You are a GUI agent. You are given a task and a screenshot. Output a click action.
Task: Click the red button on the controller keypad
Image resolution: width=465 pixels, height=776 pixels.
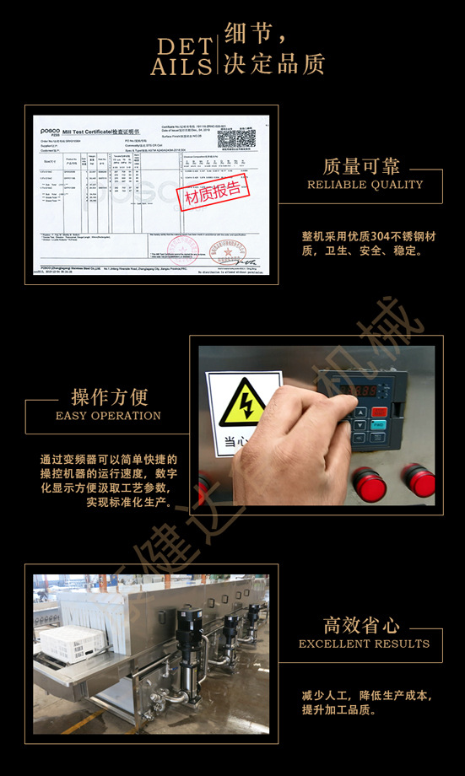coord(379,412)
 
